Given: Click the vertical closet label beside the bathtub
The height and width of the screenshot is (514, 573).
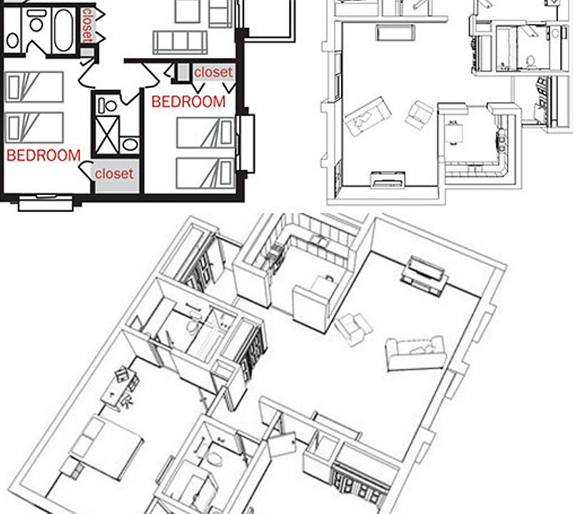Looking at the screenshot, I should (87, 26).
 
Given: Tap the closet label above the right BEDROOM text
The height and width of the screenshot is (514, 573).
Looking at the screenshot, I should (213, 72).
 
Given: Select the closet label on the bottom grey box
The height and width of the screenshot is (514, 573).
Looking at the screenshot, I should (114, 173).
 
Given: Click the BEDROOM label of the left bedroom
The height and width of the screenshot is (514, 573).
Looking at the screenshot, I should (43, 155).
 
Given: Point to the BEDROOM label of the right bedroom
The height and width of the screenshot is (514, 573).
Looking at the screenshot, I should (188, 102).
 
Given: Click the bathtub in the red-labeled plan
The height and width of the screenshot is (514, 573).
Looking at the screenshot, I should (64, 30).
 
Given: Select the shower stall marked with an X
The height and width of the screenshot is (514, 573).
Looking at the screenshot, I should (109, 133).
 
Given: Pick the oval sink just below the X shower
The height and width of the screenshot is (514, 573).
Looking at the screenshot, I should (129, 145).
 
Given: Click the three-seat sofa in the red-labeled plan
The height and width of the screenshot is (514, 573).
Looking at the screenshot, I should (180, 41).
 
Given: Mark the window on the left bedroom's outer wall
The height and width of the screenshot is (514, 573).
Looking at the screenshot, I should (45, 203).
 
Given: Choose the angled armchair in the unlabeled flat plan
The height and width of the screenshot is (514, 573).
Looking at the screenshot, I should (419, 114).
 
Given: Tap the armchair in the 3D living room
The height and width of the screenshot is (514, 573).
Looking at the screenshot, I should (354, 328).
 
